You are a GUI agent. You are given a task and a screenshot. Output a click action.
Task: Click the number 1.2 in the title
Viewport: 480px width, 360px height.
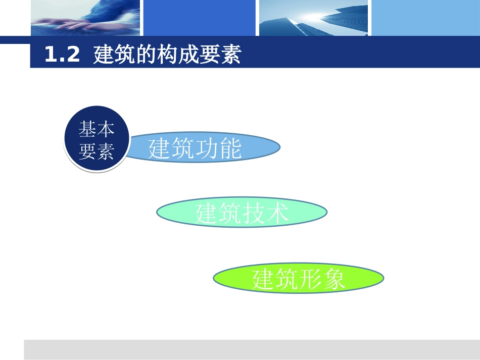point(62,55)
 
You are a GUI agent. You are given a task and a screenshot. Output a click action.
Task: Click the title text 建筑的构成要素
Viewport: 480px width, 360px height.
point(167,55)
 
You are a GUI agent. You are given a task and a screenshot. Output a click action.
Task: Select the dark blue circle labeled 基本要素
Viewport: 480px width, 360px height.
point(96,139)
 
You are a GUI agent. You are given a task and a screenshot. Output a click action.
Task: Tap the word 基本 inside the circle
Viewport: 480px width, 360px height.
point(96,129)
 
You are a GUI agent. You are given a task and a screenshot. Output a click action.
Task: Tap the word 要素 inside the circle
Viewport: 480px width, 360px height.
point(96,151)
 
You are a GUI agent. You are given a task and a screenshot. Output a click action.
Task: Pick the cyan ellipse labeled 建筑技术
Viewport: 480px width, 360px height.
point(242,213)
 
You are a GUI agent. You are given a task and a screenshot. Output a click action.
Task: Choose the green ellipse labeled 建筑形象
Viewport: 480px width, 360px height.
point(298,278)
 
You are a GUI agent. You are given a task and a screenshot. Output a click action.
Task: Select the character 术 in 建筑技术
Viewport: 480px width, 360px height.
point(277,213)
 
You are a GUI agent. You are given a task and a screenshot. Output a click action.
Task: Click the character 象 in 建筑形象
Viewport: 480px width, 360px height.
point(334,279)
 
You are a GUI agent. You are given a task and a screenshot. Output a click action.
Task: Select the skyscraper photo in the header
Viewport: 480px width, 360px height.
point(313,18)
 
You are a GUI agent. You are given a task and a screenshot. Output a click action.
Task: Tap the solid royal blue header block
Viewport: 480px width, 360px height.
point(200,18)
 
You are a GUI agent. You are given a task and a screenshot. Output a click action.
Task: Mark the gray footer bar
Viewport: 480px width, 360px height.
point(252,349)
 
